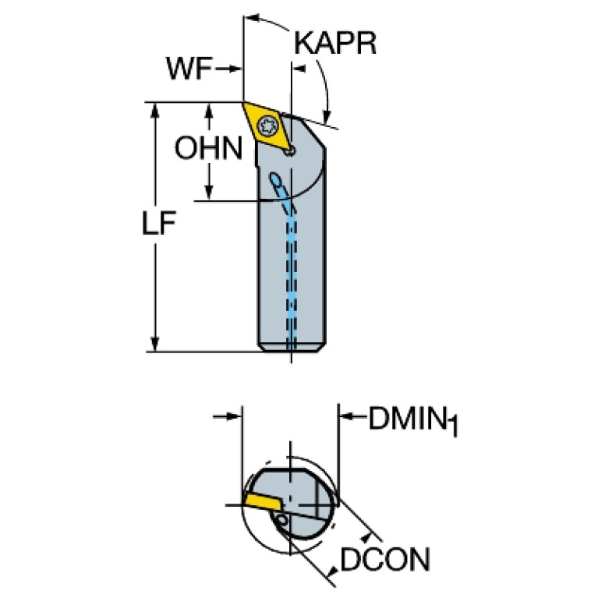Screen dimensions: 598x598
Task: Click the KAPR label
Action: pyautogui.click(x=335, y=43)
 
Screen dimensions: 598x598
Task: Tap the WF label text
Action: pyautogui.click(x=189, y=69)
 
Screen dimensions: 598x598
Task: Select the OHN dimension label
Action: pyautogui.click(x=208, y=148)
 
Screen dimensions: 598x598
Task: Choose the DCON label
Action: pyautogui.click(x=385, y=560)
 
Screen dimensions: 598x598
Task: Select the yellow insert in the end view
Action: pyautogui.click(x=263, y=501)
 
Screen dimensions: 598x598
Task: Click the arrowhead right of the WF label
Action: pyautogui.click(x=236, y=69)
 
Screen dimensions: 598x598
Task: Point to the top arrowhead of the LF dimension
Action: pyautogui.click(x=154, y=109)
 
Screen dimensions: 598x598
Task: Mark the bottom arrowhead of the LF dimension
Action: pyautogui.click(x=154, y=344)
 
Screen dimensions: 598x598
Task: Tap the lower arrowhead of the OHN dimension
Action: pyautogui.click(x=209, y=193)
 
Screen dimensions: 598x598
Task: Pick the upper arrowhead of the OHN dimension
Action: pyautogui.click(x=209, y=110)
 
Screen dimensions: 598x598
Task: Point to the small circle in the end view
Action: pyautogui.click(x=282, y=519)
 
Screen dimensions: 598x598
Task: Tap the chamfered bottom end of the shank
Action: pyautogui.click(x=292, y=348)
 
